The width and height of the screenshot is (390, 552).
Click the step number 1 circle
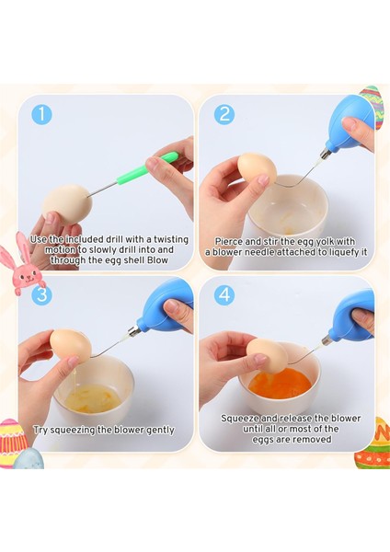pos(41,114)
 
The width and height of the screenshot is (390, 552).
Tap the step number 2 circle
pos(224,114)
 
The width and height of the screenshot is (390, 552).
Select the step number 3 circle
pos(41,294)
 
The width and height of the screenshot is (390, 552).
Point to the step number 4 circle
pos(224,294)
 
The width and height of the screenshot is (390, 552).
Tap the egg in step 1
pos(67,203)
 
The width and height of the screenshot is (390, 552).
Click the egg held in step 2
pos(257,167)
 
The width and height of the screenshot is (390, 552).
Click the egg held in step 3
pos(71,345)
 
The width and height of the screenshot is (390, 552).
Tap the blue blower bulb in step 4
pos(352,316)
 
